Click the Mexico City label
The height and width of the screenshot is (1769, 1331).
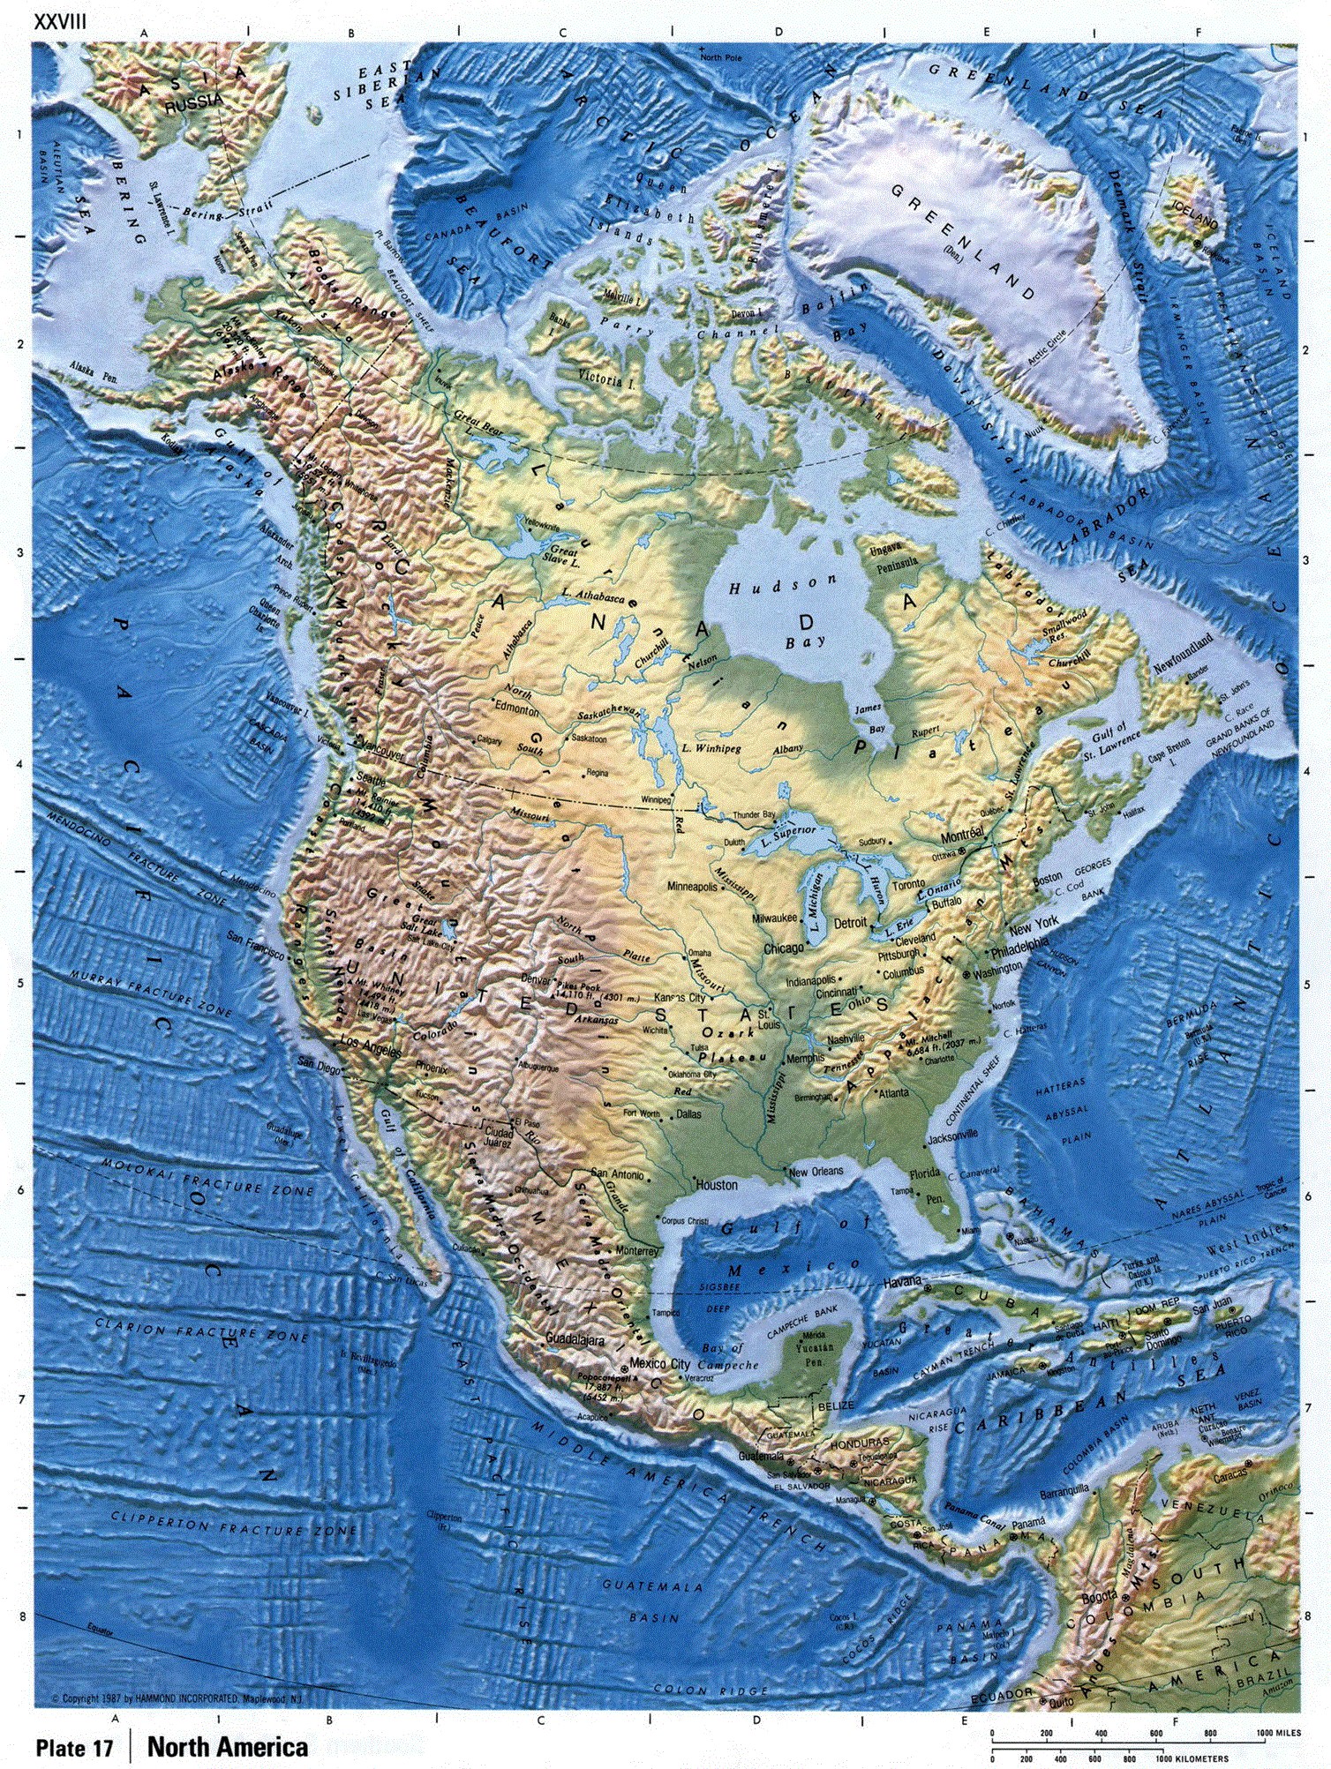659,1363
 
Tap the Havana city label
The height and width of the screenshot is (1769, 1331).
901,1280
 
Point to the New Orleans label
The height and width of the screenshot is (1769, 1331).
816,1172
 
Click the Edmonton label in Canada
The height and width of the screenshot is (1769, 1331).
516,709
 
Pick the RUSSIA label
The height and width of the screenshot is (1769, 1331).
194,102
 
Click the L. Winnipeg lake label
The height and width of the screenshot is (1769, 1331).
711,748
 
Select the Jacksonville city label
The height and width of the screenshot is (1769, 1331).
952,1135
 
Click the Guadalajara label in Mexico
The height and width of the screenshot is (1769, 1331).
575,1338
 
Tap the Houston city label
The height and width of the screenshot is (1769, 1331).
717,1185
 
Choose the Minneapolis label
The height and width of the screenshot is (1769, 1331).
692,886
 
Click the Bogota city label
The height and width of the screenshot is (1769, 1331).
1100,1595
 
